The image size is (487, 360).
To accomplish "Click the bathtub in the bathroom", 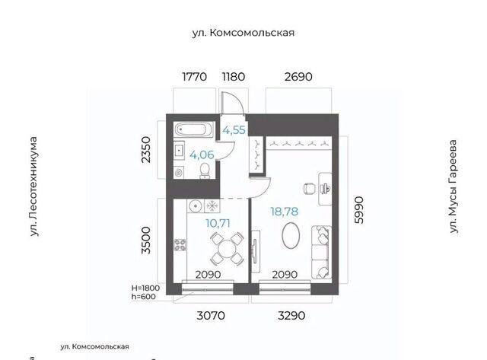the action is coord(193,129).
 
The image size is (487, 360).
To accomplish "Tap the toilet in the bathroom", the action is coord(205,171).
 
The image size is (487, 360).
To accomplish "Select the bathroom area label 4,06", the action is coord(202,155).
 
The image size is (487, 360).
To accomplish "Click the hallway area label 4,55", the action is coord(234,130).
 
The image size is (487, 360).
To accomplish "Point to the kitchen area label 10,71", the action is coord(218,223).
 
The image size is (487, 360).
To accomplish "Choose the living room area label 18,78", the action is coord(284,212).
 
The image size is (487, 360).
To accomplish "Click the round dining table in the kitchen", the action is coord(228,248).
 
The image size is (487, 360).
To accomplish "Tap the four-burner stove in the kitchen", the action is coord(180,245).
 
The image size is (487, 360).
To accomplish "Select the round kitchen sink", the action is coord(196,206).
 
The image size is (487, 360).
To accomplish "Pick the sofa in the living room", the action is coord(321,252).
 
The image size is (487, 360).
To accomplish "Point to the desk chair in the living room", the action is coord(310,189).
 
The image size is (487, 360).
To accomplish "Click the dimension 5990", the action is coord(358,210).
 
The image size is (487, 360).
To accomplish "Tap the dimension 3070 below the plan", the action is coord(211,316).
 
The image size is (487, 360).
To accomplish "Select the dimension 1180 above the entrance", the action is coord(234,76).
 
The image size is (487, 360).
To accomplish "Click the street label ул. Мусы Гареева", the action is coord(454,186).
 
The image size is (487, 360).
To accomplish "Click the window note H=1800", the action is coord(145,288).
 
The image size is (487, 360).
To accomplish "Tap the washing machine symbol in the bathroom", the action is coord(179,173).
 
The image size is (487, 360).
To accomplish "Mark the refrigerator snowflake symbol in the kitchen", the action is coord(212,206).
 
